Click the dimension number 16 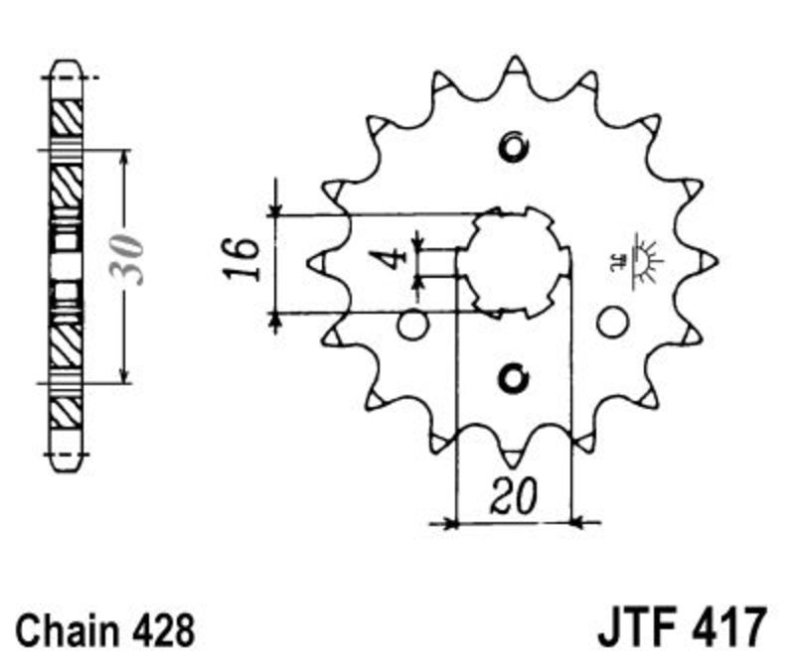click(x=241, y=259)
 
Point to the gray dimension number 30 click(x=127, y=259)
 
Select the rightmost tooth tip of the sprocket click(x=717, y=261)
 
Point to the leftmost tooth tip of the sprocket click(x=309, y=263)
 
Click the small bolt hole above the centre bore click(x=514, y=148)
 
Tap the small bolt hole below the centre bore click(x=514, y=378)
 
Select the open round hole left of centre click(x=412, y=325)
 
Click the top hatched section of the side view click(x=67, y=117)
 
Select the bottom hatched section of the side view click(x=67, y=413)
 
